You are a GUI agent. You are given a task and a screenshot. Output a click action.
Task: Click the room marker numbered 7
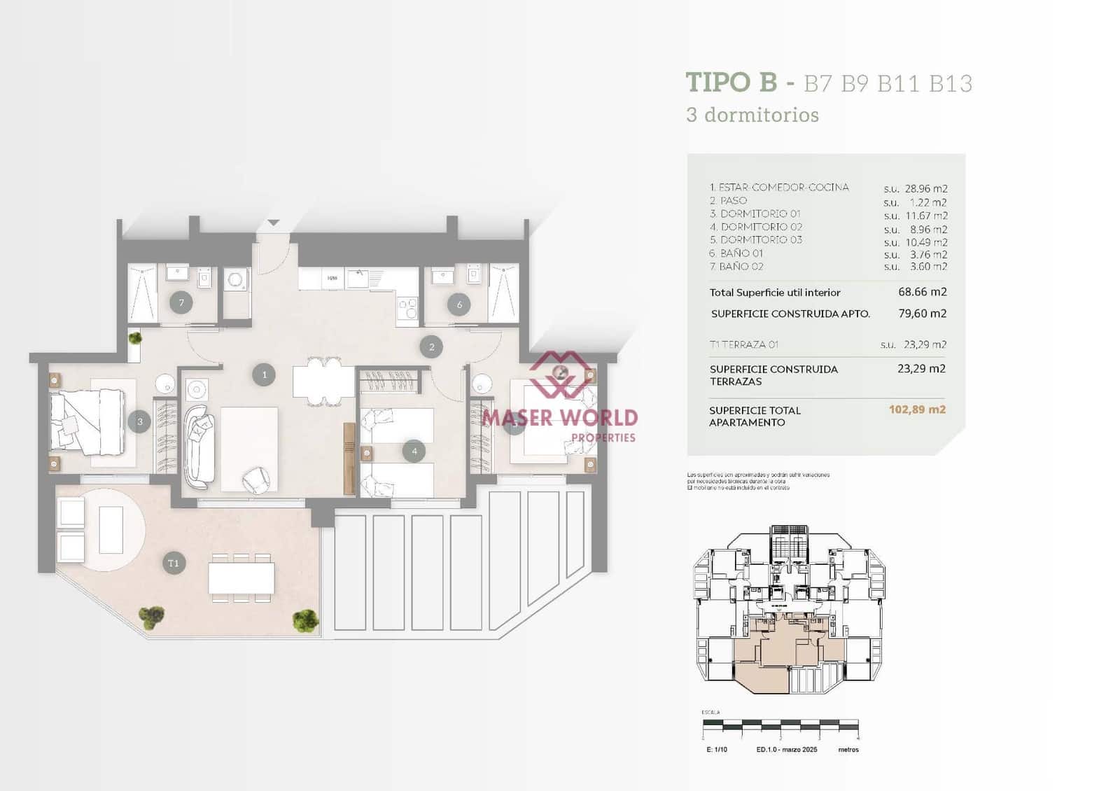coord(181,303)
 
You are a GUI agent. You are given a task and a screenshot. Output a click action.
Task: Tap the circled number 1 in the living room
coord(264,374)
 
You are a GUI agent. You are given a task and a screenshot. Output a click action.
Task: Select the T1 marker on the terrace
coord(174,563)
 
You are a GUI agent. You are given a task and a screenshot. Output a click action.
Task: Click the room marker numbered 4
coord(414,451)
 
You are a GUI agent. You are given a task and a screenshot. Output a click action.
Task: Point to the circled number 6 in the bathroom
coord(459,304)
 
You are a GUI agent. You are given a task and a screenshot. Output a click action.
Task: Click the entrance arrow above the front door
coord(273,223)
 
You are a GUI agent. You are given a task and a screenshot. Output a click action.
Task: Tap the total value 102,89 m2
coord(917,409)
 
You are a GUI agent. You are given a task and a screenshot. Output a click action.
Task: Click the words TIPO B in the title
coord(731,83)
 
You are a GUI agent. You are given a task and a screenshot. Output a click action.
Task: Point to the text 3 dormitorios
coord(752,115)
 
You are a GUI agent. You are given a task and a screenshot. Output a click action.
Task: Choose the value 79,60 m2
coord(922,314)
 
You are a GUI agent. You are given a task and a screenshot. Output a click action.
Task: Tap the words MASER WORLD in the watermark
coord(560,418)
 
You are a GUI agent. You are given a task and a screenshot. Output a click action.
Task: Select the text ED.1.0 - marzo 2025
coord(786,750)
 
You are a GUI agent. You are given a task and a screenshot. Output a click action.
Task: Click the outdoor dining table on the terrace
coord(241,578)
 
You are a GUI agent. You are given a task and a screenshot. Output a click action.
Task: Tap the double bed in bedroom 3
coord(87,422)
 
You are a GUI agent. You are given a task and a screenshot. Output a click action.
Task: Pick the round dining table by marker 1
coord(323,381)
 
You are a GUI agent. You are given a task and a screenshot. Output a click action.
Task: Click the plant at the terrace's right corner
coord(305,619)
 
